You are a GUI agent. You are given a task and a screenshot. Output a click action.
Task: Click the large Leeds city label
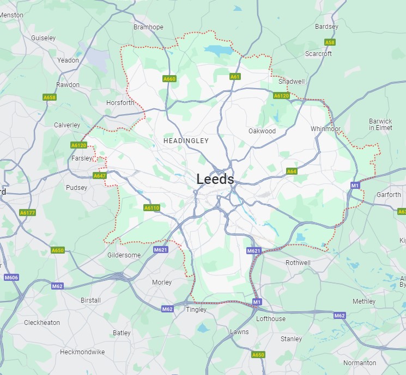click(215, 179)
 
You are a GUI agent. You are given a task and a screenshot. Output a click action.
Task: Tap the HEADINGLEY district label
click(186, 140)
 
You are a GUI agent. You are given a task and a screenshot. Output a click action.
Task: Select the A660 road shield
click(169, 79)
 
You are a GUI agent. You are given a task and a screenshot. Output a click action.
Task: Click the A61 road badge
click(235, 77)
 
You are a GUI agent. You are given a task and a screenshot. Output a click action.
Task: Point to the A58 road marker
click(330, 42)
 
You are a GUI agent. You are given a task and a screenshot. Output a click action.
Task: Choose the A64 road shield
click(292, 171)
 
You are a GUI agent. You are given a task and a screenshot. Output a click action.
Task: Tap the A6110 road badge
click(152, 208)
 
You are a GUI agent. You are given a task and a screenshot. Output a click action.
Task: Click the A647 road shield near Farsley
click(100, 176)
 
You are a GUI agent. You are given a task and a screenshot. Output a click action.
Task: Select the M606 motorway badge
click(11, 278)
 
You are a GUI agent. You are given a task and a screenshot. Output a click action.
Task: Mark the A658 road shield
click(50, 97)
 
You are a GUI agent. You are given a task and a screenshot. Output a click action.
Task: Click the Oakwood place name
click(262, 131)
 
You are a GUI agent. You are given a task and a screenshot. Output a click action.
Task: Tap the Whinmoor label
click(325, 129)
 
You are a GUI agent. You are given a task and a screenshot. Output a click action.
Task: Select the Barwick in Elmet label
click(380, 125)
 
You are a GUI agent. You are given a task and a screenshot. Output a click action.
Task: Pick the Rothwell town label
click(298, 263)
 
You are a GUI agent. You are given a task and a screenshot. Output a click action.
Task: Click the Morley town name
click(161, 282)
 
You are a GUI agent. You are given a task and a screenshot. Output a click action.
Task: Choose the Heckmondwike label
click(82, 352)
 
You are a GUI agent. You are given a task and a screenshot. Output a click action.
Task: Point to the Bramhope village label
click(148, 27)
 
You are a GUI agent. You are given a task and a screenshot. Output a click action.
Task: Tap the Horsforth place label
click(120, 103)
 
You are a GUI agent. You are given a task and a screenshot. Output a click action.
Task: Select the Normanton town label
click(360, 362)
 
